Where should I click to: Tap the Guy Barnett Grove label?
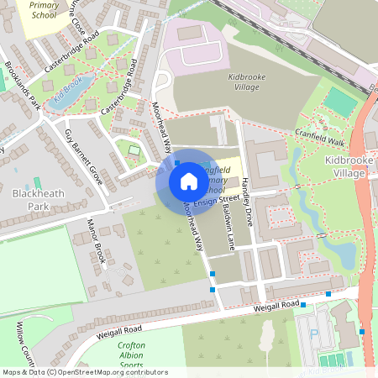(x=84, y=156)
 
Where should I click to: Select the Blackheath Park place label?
(x=37, y=199)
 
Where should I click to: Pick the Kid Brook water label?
(x=66, y=91)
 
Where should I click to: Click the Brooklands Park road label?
(x=23, y=85)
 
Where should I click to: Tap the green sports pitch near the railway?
(x=340, y=101)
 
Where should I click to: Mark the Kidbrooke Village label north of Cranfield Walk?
(x=247, y=81)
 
